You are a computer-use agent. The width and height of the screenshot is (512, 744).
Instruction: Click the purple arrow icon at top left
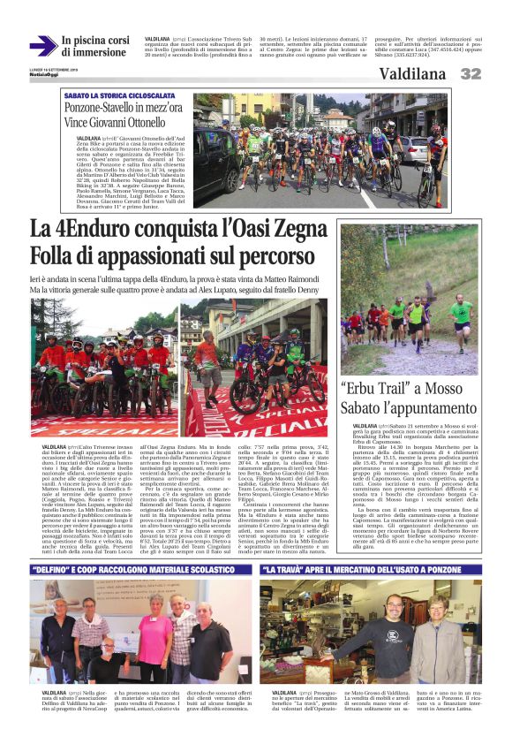(41, 46)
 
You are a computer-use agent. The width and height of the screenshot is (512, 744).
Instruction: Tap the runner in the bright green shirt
(459, 314)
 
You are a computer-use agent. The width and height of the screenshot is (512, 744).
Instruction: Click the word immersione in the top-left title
(94, 53)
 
